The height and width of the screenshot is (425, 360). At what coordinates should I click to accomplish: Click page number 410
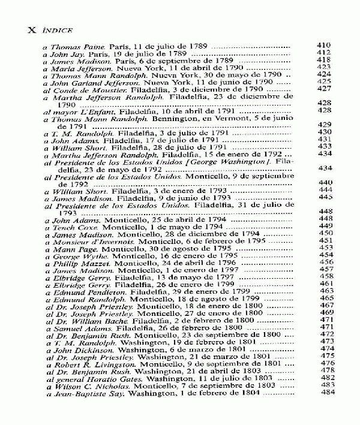click(324, 45)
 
